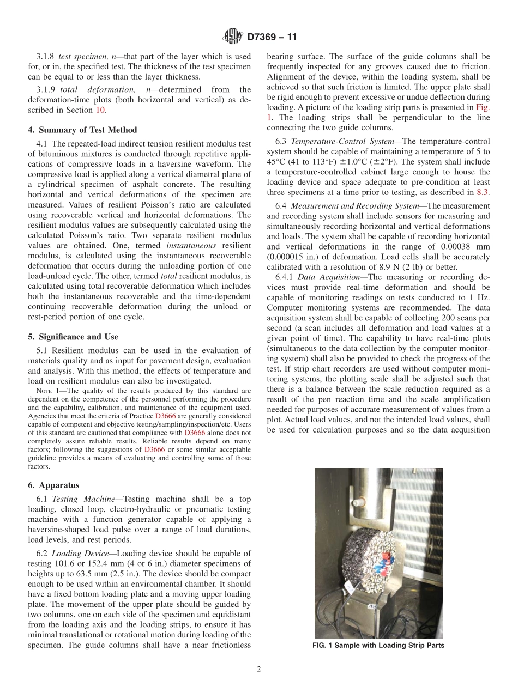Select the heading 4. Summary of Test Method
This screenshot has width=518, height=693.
click(x=83, y=130)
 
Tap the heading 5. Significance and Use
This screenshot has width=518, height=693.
click(x=74, y=337)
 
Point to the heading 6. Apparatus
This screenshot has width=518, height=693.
click(x=54, y=485)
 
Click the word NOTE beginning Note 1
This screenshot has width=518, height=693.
click(x=43, y=391)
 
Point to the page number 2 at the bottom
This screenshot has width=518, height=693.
click(x=259, y=670)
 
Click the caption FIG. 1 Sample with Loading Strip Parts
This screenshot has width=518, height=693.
click(x=378, y=646)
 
